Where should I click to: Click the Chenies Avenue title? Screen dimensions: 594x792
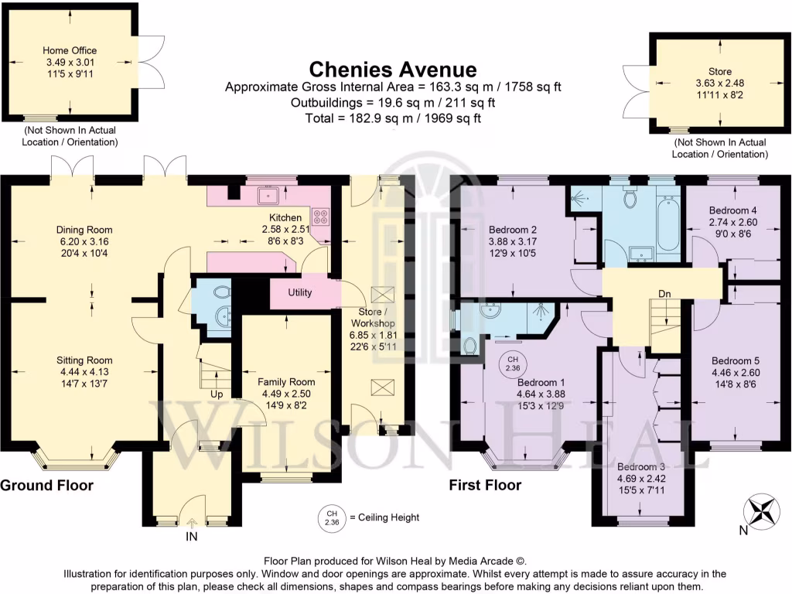pyautogui.click(x=393, y=70)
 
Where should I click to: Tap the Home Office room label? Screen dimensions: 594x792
pyautogui.click(x=70, y=51)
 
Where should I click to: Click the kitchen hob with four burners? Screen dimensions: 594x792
pyautogui.click(x=320, y=217)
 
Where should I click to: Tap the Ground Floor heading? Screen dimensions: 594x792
pyautogui.click(x=46, y=486)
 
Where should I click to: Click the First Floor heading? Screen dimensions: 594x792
pyautogui.click(x=485, y=486)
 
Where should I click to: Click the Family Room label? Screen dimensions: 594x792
pyautogui.click(x=286, y=381)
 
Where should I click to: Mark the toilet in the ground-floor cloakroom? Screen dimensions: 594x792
pyautogui.click(x=221, y=293)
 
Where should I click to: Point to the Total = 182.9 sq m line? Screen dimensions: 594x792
pyautogui.click(x=393, y=118)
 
